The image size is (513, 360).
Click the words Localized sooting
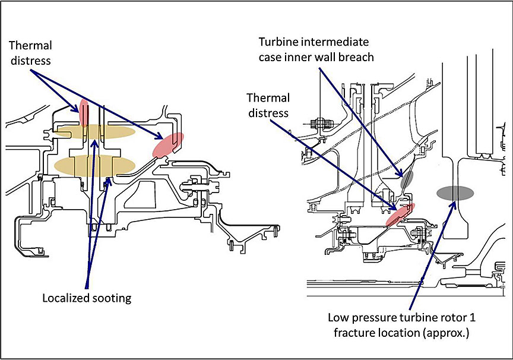pos(86,297)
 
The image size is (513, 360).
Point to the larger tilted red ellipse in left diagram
pos(167,145)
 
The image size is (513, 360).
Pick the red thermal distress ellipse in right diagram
pos(400,213)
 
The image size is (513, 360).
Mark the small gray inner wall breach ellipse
pos(406,179)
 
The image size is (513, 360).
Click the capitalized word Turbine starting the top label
pos(277,42)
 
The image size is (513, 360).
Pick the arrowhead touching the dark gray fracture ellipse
pos(454,203)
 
